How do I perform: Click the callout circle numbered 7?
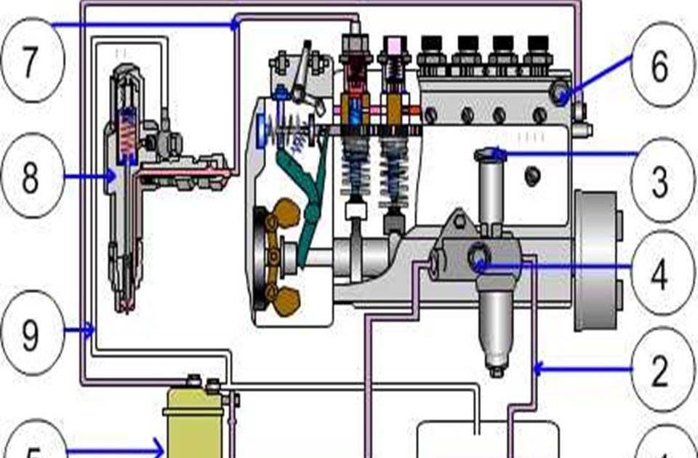(29, 62)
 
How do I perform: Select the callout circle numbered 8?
(29, 177)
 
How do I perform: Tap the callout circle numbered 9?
(29, 332)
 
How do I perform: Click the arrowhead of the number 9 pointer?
(92, 332)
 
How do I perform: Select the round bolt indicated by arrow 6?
(561, 93)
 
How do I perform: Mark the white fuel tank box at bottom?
(487, 440)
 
